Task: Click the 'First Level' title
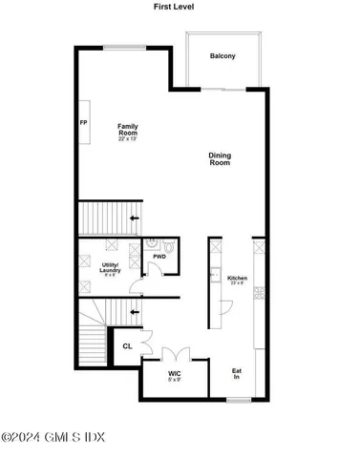point(180,6)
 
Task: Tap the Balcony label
point(222,56)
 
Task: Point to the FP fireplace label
point(83,121)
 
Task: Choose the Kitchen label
point(237,279)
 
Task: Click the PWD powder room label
point(160,257)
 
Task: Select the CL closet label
point(127,346)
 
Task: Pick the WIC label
point(175,373)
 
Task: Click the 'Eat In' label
point(237,375)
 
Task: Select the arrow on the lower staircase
point(132,312)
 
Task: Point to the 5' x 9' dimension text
point(175,381)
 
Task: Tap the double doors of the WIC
point(175,352)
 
